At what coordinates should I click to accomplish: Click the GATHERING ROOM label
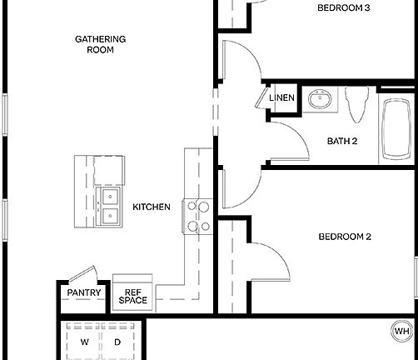tap(100, 44)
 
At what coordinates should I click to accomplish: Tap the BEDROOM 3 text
tap(344, 8)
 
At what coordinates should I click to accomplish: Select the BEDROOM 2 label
tap(344, 237)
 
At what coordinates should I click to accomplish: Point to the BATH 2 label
tap(341, 141)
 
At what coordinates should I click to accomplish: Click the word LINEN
tap(281, 98)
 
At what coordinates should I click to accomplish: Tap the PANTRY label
tap(83, 292)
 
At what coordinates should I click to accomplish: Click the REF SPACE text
tap(132, 296)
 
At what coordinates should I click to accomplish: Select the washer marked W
tap(84, 342)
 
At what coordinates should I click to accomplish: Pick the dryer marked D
tap(117, 342)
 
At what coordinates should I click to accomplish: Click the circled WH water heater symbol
tap(402, 332)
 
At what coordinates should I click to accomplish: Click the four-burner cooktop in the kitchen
tap(197, 216)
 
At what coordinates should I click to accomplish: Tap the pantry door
tap(81, 274)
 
